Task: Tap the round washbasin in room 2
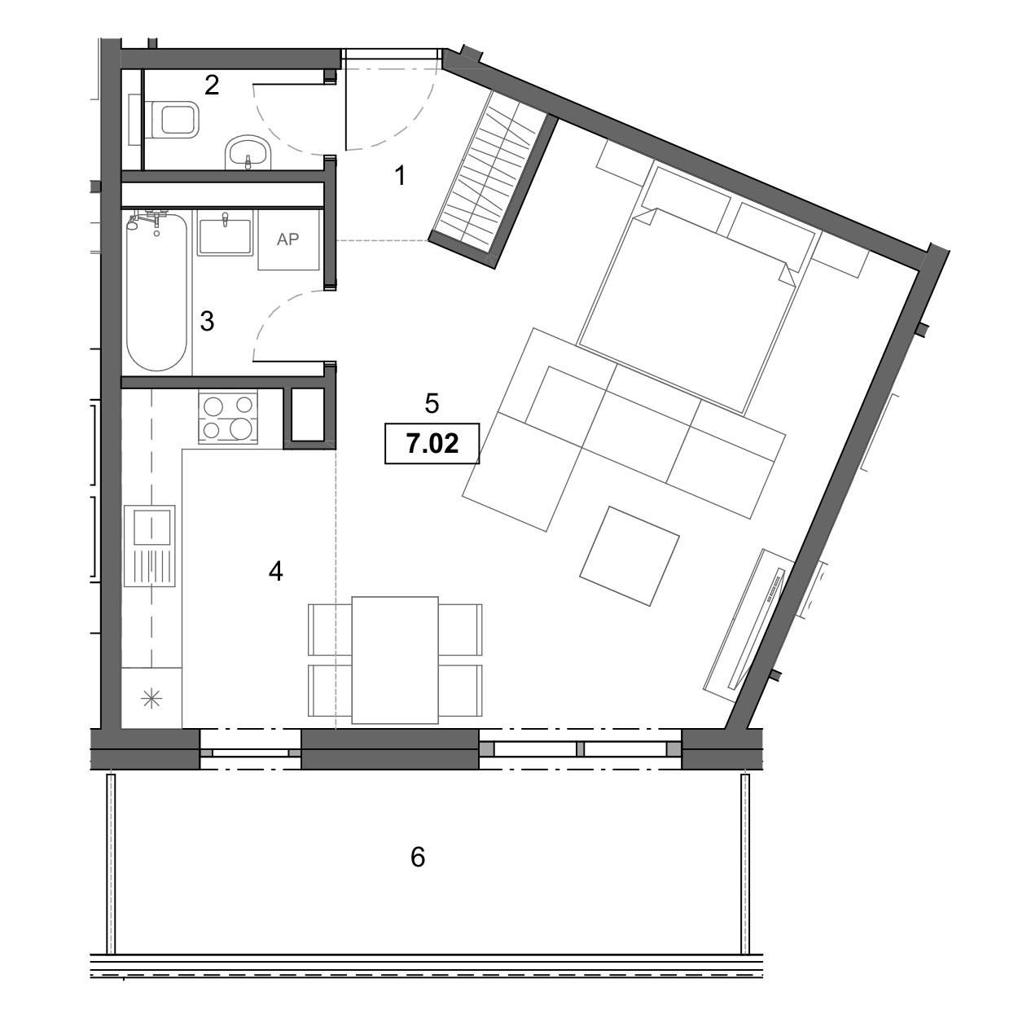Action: click(x=248, y=152)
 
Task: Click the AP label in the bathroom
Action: click(x=288, y=239)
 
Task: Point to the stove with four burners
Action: click(x=228, y=417)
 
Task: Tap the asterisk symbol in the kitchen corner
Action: click(x=151, y=700)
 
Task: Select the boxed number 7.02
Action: click(x=432, y=444)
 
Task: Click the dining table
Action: click(x=395, y=660)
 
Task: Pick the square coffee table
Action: click(x=630, y=556)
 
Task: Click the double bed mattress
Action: click(x=687, y=310)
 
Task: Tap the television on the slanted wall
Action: click(x=757, y=628)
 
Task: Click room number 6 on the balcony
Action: click(x=418, y=857)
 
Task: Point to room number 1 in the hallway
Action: click(x=401, y=175)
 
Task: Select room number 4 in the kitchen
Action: click(x=276, y=571)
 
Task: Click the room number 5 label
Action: click(x=432, y=404)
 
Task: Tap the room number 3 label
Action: click(x=207, y=321)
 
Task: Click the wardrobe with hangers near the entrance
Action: click(x=493, y=179)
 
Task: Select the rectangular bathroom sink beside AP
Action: click(x=225, y=233)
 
